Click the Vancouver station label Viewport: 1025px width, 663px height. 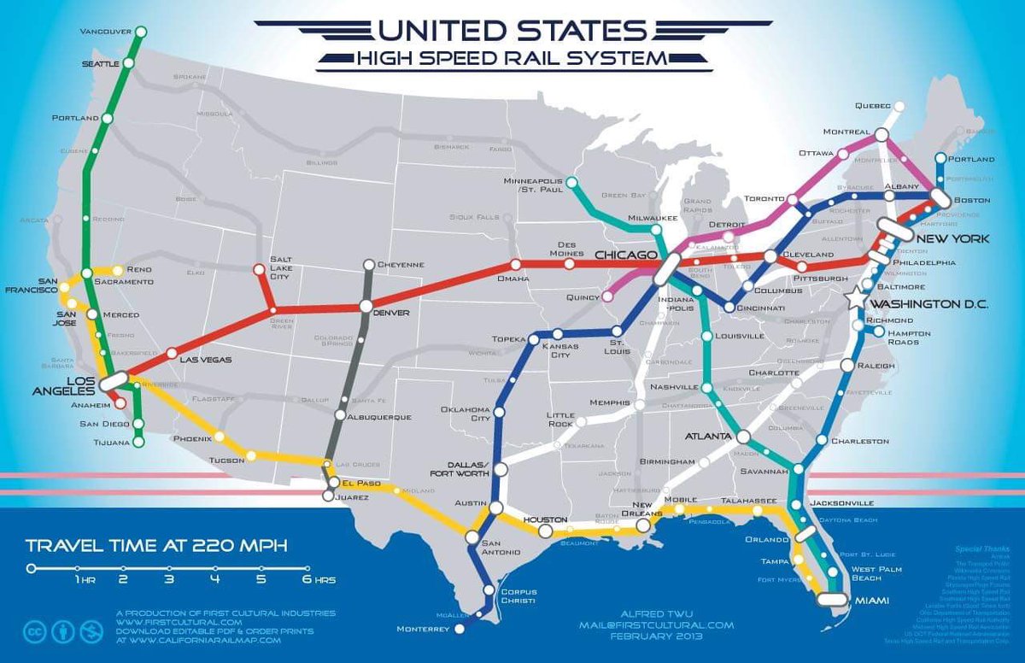(105, 32)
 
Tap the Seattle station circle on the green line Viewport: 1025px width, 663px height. (129, 63)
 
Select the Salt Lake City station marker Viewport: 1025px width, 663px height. (259, 271)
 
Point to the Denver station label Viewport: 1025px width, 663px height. (392, 313)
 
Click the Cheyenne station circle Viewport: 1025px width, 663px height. (368, 265)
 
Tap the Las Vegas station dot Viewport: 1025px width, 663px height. (172, 352)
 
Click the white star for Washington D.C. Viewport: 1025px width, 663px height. (854, 298)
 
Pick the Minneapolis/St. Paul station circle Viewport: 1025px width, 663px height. (571, 181)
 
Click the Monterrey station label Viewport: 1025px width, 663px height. (423, 630)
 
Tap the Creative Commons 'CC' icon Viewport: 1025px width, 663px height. (35, 633)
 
